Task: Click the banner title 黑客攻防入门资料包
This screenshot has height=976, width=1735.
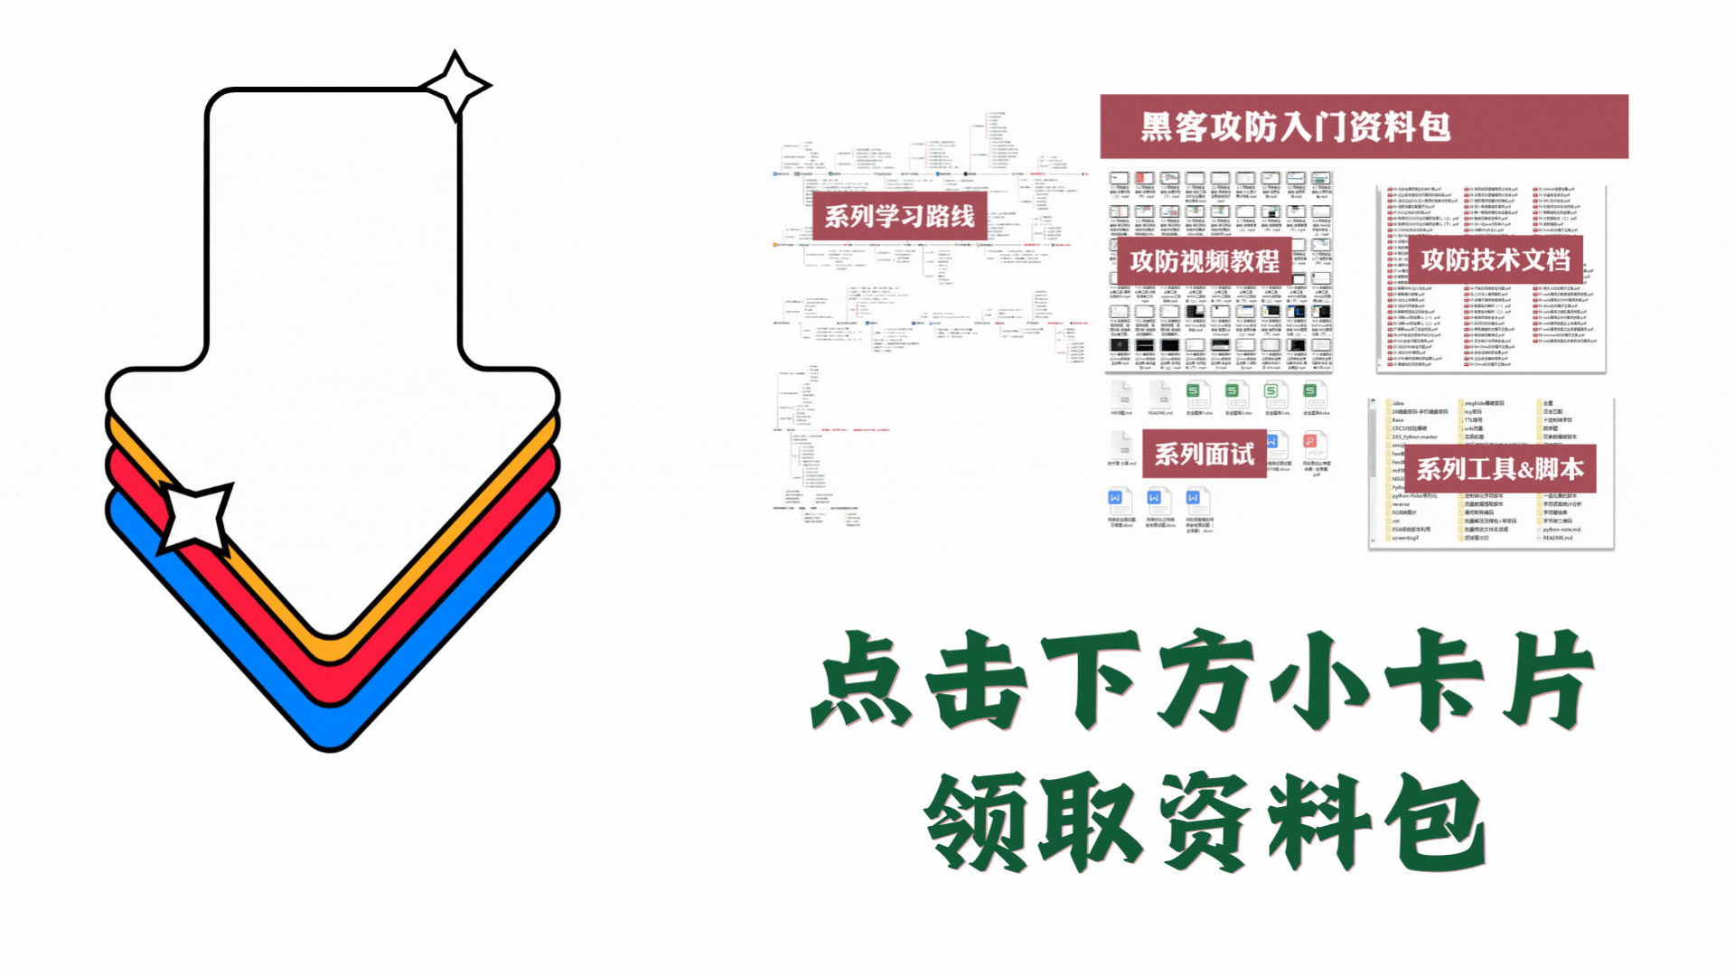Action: tap(1295, 127)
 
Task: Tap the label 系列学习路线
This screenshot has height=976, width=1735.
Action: tap(899, 217)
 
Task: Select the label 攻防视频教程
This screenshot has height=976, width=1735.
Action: tap(1204, 261)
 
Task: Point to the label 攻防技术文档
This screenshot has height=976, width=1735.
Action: tap(1495, 260)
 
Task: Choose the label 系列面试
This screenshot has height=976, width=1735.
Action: tap(1204, 454)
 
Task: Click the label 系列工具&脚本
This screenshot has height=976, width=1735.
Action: tap(1499, 469)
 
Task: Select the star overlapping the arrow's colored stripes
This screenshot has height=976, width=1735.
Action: tap(195, 517)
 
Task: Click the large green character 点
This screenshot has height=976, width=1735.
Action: tap(863, 680)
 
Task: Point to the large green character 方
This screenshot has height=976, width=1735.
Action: tap(1206, 680)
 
